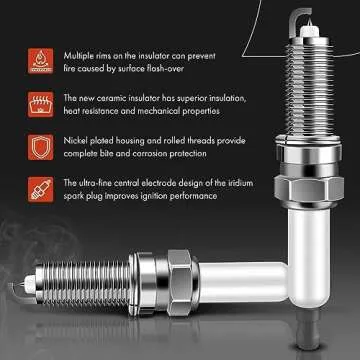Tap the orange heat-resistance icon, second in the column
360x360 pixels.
coord(40,102)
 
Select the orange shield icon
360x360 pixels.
coord(40,146)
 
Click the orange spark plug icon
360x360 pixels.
coord(40,189)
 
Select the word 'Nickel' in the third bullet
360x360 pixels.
coord(74,140)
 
